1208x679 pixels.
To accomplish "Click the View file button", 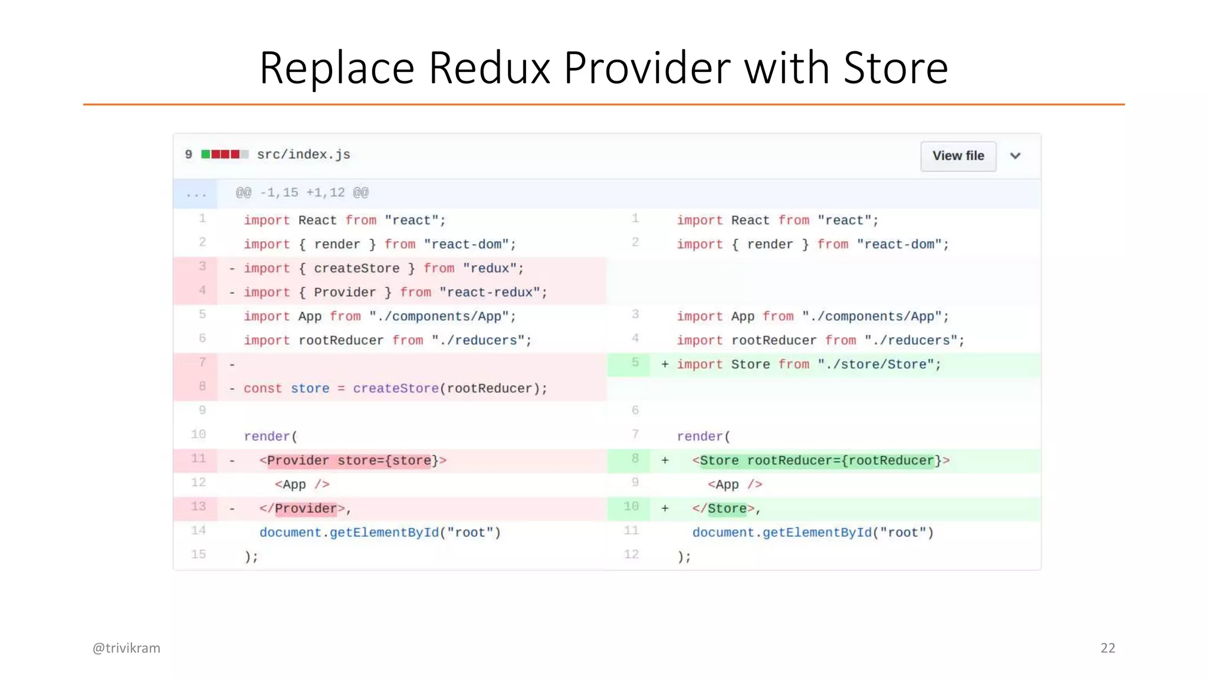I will (958, 156).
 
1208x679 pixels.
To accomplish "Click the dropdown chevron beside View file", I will (1015, 156).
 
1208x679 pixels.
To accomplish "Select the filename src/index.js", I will (303, 154).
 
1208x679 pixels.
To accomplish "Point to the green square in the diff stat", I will (206, 154).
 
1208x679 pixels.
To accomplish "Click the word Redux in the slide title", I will (489, 68).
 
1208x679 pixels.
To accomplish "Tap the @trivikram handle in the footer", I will (126, 648).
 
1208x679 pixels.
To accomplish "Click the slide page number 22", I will (1108, 648).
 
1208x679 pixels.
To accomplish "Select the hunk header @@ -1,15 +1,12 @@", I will (302, 193).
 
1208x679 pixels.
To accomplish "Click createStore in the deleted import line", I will (356, 269).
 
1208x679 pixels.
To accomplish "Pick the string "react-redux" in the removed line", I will (493, 293).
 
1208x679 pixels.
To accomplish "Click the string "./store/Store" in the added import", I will (879, 365).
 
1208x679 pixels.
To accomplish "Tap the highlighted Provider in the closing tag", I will (306, 509).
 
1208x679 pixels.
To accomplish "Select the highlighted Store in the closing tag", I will (727, 509).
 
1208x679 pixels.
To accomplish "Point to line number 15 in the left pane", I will (199, 555).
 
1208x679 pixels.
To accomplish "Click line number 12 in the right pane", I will (631, 555).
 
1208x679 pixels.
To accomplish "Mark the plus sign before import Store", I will (665, 365).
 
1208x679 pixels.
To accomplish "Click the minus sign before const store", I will (232, 389).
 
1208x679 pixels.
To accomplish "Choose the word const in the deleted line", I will (262, 389).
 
